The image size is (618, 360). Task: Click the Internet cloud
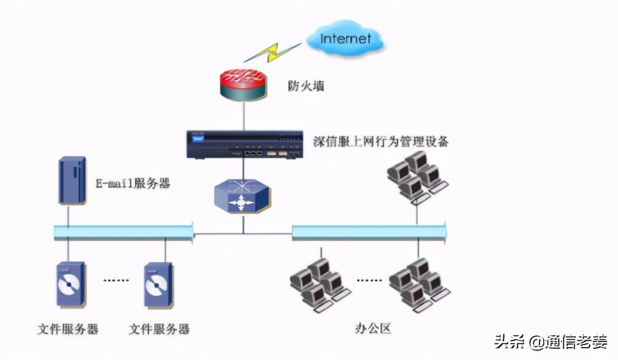coord(346,39)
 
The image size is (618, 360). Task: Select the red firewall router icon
coord(244,84)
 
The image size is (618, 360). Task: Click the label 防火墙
coord(306,86)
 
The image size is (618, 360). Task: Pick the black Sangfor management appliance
coord(244,144)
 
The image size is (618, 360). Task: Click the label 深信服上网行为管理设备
coord(381,142)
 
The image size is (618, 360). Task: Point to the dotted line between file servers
coord(115,280)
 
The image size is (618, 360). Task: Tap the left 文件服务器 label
coord(68,329)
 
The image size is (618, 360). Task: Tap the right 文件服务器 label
coord(159,329)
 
